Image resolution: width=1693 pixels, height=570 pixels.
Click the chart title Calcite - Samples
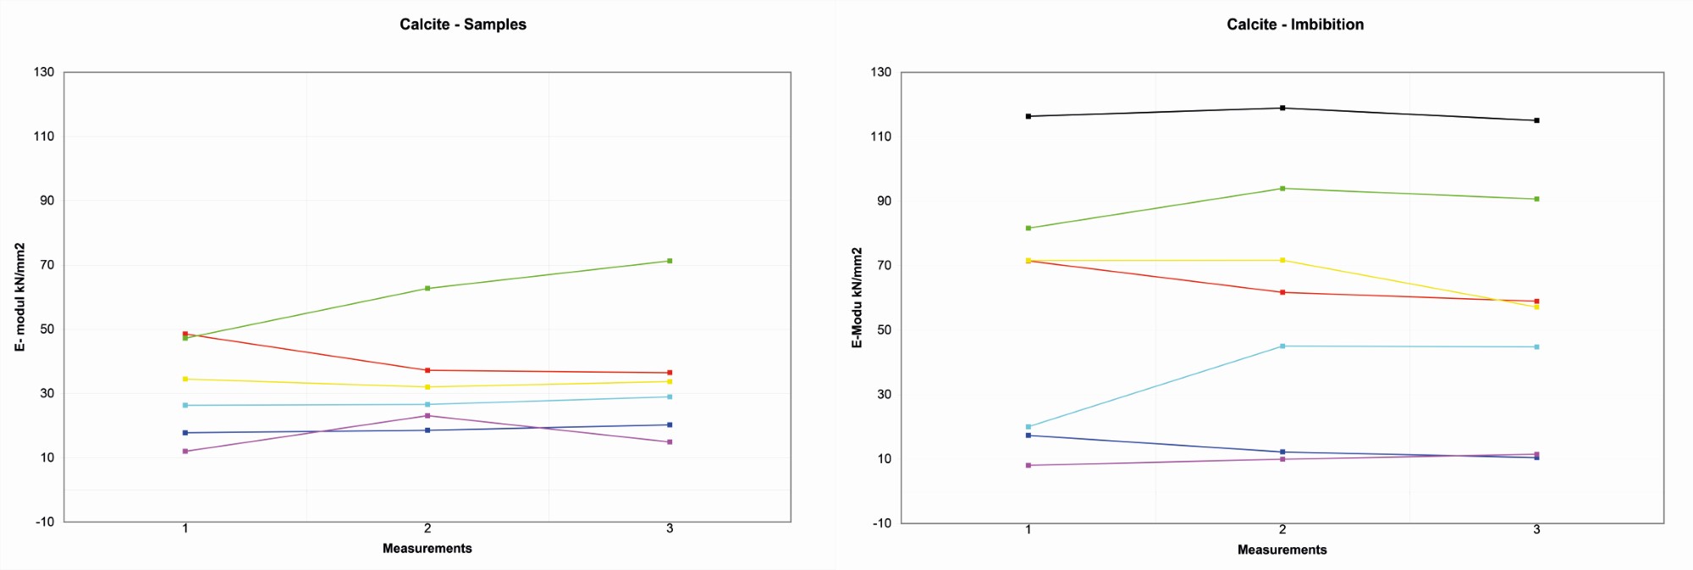463,25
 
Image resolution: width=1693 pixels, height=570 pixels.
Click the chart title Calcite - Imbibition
1295,25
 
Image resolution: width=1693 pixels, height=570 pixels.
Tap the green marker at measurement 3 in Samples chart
670,261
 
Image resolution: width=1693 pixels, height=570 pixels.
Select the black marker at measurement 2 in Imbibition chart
1282,108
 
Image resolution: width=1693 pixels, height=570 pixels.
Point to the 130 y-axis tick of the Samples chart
44,72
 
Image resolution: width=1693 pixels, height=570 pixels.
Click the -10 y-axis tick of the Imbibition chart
880,523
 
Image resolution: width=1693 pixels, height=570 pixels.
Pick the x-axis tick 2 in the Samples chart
427,528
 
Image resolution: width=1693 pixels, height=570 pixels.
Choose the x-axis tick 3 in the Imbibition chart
1536,529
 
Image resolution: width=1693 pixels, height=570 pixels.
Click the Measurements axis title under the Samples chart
427,549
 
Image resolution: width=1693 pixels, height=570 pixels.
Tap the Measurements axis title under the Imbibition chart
1282,550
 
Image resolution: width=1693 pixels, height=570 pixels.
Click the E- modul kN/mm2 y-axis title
19,296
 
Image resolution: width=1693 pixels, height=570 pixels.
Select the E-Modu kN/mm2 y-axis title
857,297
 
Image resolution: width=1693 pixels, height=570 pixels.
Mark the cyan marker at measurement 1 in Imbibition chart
1028,427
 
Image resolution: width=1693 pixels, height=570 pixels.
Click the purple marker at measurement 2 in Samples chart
427,416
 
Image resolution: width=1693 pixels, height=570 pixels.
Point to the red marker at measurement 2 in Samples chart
427,370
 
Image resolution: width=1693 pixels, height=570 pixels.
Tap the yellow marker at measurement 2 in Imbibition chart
1282,260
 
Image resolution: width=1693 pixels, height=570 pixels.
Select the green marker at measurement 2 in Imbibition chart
1282,188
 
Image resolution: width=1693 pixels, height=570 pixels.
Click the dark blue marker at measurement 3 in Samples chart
670,425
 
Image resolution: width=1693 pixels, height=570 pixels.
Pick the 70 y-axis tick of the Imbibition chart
884,265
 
